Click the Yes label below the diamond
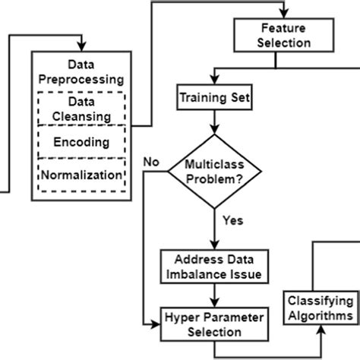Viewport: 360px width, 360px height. [x=232, y=220]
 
